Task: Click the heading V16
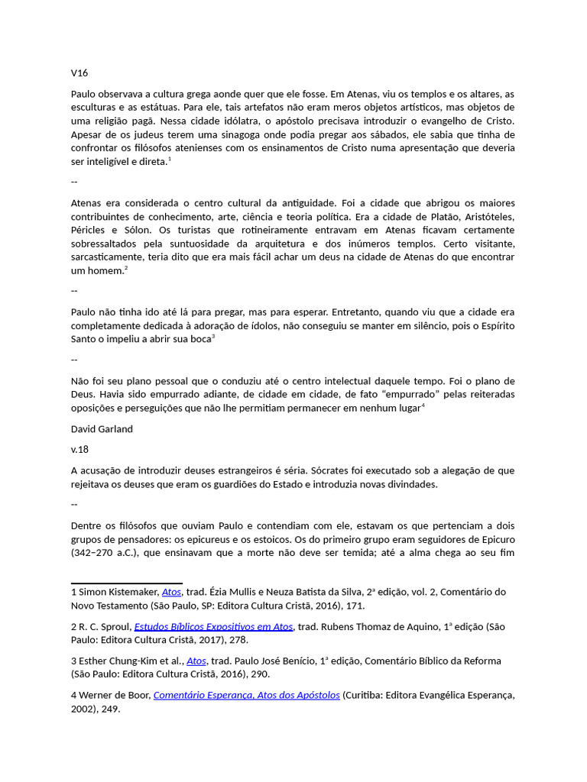pyautogui.click(x=79, y=73)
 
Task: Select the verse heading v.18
pyautogui.click(x=80, y=449)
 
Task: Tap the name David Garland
pyautogui.click(x=102, y=428)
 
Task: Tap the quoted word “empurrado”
pyautogui.click(x=403, y=394)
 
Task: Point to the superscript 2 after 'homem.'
pyautogui.click(x=126, y=268)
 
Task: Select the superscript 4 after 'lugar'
pyautogui.click(x=423, y=405)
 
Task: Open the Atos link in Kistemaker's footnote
pyautogui.click(x=171, y=592)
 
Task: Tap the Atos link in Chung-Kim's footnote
pyautogui.click(x=196, y=661)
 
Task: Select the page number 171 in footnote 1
pyautogui.click(x=355, y=606)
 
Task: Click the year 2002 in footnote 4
pyautogui.click(x=83, y=709)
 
